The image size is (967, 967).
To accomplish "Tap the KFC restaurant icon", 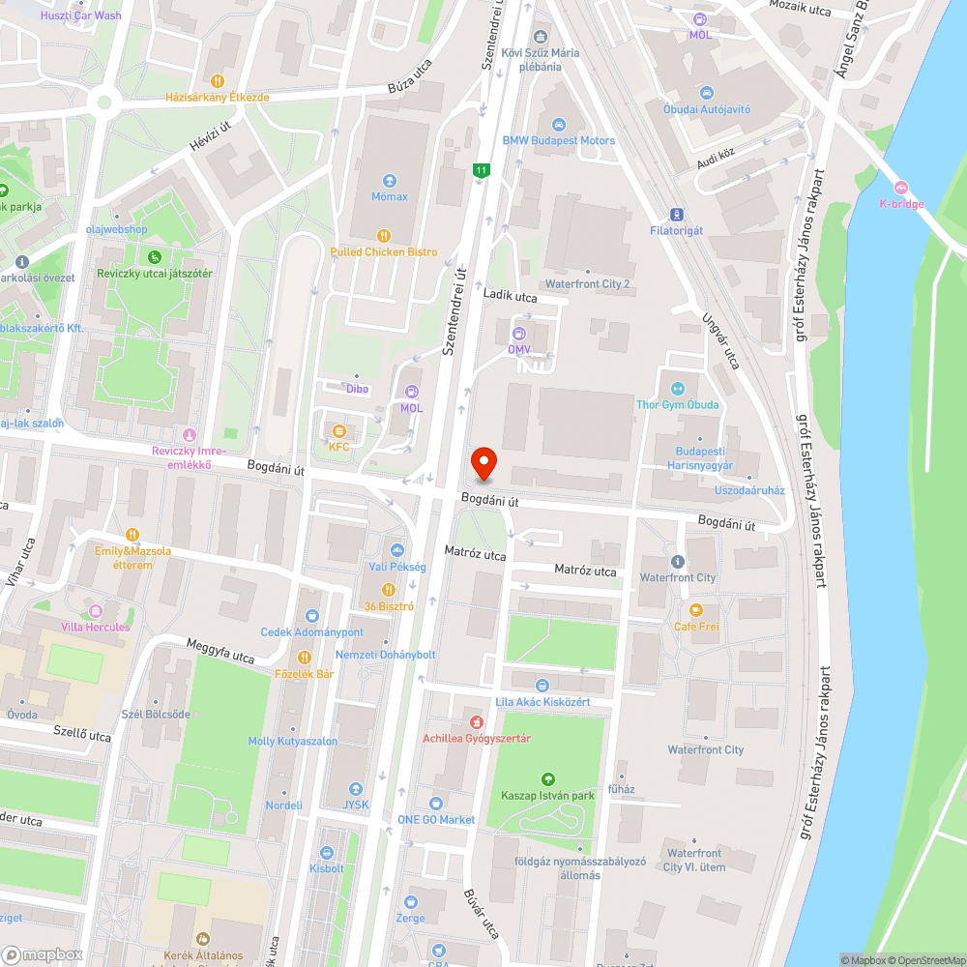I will coord(338,430).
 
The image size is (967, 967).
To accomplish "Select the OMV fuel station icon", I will coord(518,334).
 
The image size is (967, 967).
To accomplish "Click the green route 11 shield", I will coord(481,171).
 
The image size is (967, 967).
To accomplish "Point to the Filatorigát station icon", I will coord(677,215).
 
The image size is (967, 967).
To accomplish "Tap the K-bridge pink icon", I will coord(901,187).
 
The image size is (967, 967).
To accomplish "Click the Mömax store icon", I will coord(390,180).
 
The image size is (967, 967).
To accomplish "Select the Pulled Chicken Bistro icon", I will coord(384,235).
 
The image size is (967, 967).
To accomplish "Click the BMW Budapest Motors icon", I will coord(558,124).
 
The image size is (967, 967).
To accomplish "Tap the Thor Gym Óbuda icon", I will coord(677,388).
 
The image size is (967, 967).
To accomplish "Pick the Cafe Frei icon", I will coord(695,610).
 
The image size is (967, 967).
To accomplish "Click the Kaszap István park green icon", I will coord(547,779).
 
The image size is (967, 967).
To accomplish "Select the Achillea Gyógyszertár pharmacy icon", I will coord(476,722).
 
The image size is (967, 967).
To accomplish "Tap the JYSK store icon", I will coord(356,789).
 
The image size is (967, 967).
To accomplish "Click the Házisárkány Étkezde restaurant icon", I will coord(218,81).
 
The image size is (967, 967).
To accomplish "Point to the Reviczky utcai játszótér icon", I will coord(154,256).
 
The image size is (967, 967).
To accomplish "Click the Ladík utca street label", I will coord(510,297).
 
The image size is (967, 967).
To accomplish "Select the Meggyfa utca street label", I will coord(220,652).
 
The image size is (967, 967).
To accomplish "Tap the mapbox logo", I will coord(43,954).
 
